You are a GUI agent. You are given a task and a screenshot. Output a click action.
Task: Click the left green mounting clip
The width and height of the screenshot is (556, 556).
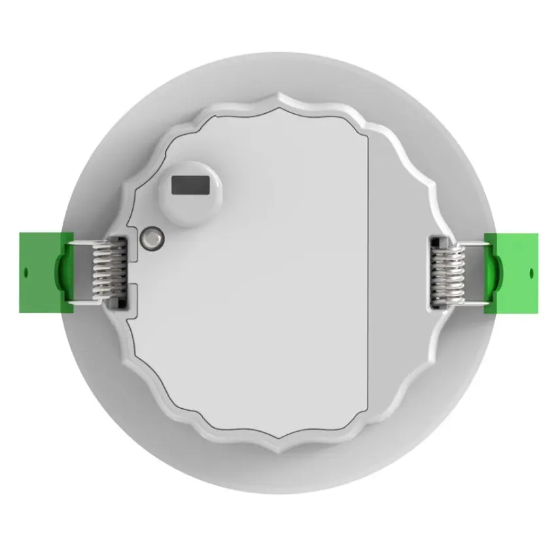pyautogui.click(x=39, y=271)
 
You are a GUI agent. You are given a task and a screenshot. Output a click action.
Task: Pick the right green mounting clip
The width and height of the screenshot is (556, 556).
pyautogui.click(x=513, y=272)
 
